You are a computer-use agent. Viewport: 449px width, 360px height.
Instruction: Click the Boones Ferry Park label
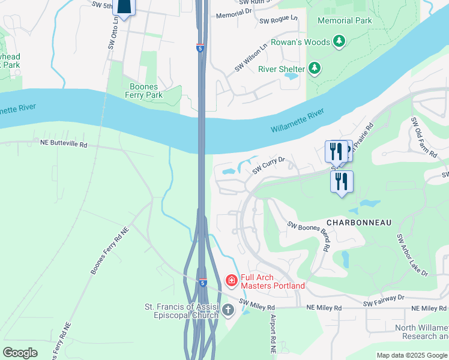pyautogui.click(x=146, y=91)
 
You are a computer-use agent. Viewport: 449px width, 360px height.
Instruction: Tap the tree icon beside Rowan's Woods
pyautogui.click(x=340, y=41)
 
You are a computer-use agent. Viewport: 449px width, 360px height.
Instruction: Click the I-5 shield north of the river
pyautogui.click(x=200, y=47)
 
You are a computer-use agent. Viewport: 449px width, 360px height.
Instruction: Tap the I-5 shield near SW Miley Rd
pyautogui.click(x=203, y=282)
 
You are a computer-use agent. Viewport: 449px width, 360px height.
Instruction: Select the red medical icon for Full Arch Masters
pyautogui.click(x=231, y=280)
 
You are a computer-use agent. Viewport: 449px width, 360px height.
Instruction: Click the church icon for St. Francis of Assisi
pyautogui.click(x=228, y=310)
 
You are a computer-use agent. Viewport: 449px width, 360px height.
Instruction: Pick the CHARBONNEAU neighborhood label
pyautogui.click(x=360, y=223)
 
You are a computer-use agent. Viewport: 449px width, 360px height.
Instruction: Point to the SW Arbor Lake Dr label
pyautogui.click(x=412, y=255)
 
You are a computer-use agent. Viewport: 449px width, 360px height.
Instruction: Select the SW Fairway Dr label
pyautogui.click(x=384, y=299)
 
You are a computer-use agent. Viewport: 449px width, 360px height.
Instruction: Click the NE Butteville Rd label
pyautogui.click(x=63, y=145)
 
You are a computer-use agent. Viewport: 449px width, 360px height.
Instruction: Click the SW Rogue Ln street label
pyautogui.click(x=279, y=20)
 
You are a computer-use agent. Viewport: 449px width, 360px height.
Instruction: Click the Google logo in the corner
pyautogui.click(x=20, y=353)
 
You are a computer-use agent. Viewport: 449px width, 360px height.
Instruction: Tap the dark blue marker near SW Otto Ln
pyautogui.click(x=123, y=7)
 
